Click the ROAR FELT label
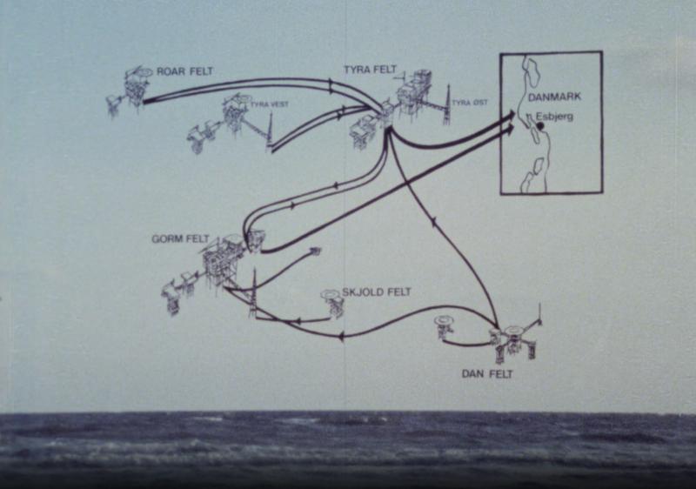(184, 71)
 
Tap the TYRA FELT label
(370, 70)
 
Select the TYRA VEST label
(270, 104)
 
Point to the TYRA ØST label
(470, 103)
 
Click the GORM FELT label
(180, 239)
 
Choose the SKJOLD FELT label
(377, 292)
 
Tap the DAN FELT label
(487, 374)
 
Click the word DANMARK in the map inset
(554, 97)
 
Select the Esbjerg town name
(554, 117)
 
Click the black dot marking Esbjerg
(540, 126)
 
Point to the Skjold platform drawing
(333, 303)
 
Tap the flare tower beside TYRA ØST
(447, 104)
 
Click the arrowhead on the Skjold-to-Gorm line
(298, 320)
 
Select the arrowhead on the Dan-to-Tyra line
(433, 220)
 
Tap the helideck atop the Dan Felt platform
(512, 330)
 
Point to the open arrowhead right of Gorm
(315, 251)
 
